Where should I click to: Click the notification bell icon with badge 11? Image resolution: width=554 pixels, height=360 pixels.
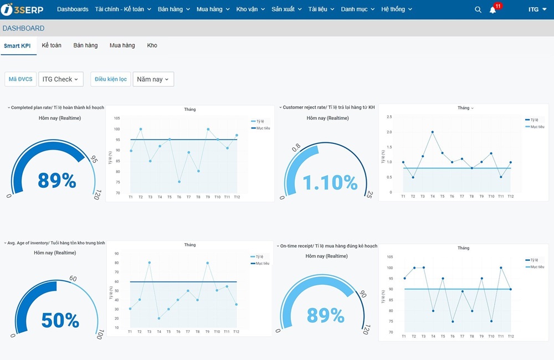click(493, 9)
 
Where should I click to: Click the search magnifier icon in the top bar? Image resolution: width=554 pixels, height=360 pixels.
click(478, 9)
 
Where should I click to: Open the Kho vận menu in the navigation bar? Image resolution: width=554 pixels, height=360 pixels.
click(250, 9)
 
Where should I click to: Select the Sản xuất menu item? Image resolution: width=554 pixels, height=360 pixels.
click(286, 9)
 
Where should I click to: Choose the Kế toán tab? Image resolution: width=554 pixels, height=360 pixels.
click(52, 45)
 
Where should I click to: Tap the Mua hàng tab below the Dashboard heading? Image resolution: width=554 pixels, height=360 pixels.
click(122, 45)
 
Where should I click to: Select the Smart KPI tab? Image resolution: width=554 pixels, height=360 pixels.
click(17, 45)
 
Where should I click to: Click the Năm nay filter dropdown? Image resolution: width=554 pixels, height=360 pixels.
click(153, 79)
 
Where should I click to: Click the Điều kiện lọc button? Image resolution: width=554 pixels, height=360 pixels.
click(111, 79)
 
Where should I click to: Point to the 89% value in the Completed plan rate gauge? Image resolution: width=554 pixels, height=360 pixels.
click(57, 181)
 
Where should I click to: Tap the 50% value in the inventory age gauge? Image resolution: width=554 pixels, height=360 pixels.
click(60, 320)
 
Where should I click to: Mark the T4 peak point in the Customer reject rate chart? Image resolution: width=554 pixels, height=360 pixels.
click(433, 132)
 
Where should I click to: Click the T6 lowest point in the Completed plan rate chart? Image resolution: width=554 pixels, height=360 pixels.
click(179, 182)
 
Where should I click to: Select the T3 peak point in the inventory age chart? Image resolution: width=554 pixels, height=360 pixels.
click(150, 263)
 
